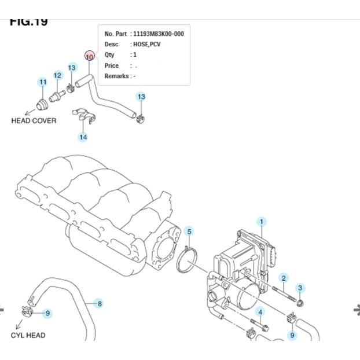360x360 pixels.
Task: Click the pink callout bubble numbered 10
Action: tap(89, 56)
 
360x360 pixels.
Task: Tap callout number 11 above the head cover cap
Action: tap(43, 82)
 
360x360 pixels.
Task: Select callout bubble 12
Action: tap(58, 75)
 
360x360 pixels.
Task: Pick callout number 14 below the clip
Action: tap(83, 137)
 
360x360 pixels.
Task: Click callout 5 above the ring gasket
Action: tap(189, 232)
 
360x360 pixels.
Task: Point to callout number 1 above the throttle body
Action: tap(262, 222)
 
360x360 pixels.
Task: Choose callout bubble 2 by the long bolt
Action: tap(284, 278)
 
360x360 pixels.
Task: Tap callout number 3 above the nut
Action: tap(300, 288)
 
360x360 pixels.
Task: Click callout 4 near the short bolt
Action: tap(260, 313)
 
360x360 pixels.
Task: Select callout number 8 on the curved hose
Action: tap(100, 303)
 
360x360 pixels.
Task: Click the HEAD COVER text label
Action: tap(34, 121)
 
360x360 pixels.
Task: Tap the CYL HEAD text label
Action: tap(28, 335)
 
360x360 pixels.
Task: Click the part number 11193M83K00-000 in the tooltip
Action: tap(159, 34)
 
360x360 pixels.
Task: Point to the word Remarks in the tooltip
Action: tap(117, 76)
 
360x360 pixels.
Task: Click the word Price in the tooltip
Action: tap(112, 65)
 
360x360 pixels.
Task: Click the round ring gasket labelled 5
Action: tap(186, 260)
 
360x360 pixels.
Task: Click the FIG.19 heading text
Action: tap(29, 22)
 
